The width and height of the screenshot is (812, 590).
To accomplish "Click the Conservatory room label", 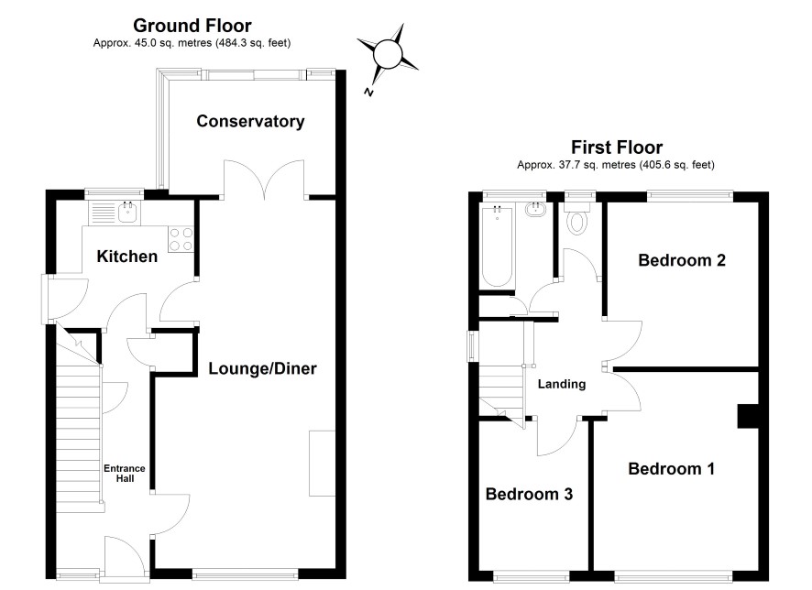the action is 250,121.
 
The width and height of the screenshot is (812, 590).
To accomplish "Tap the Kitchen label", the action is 126,257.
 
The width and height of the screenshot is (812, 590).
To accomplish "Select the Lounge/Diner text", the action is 262,368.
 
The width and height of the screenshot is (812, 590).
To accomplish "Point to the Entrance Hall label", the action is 125,473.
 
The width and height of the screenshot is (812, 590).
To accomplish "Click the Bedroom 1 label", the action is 671,469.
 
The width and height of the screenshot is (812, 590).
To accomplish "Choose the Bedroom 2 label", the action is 682,260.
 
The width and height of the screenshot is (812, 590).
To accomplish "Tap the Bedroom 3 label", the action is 529,494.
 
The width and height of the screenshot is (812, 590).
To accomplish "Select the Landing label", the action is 562,384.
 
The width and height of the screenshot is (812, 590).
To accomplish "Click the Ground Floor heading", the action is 192,26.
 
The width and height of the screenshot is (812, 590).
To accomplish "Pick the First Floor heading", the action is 617,147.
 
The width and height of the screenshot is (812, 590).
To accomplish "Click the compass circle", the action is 388,53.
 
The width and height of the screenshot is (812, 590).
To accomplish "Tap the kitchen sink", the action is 127,212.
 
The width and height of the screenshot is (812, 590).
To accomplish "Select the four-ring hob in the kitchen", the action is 181,240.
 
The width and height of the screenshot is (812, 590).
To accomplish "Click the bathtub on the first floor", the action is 497,246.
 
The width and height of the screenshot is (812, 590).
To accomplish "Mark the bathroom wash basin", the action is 535,210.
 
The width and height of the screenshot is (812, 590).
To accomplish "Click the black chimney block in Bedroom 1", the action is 748,416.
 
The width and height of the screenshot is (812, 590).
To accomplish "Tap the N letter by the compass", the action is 368,93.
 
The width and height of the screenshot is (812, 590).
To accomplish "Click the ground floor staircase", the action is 78,424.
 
